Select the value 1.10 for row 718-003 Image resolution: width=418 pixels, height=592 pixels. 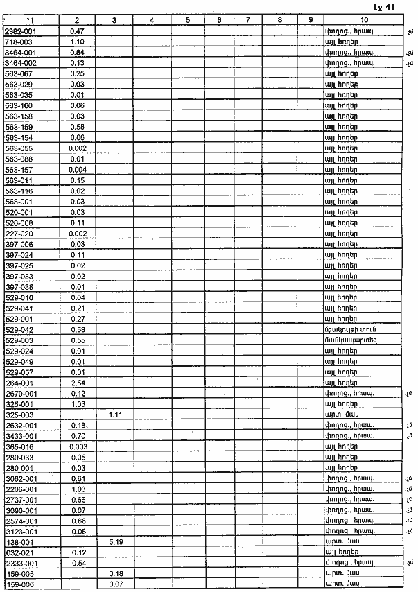pos(77,42)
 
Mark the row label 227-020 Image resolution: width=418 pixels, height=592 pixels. pos(18,233)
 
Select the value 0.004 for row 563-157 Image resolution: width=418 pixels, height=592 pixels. pos(77,169)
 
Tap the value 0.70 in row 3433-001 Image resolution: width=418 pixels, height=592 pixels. pos(77,435)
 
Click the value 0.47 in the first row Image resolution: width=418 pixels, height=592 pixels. pos(77,32)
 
